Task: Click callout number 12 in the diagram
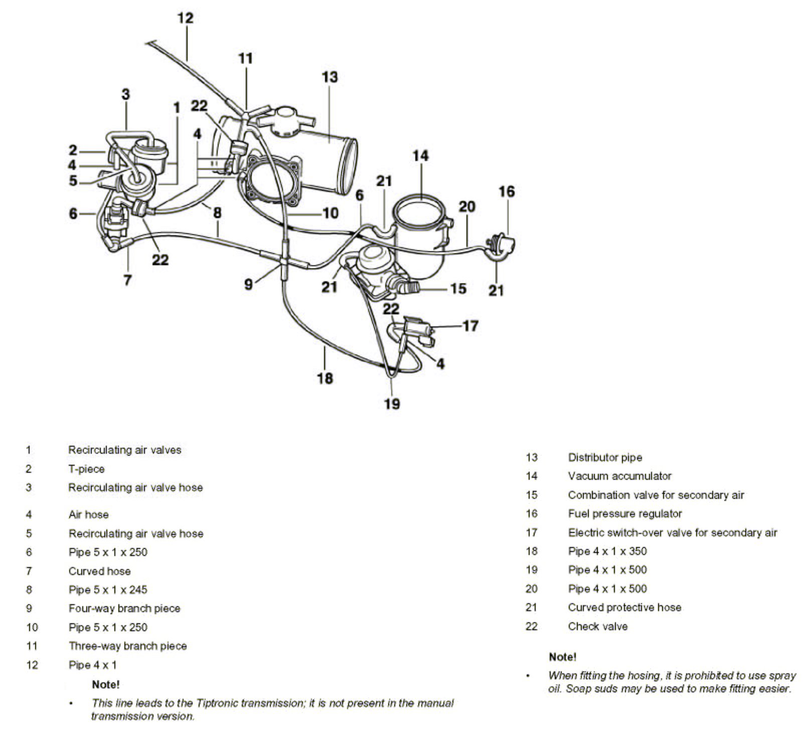point(185,18)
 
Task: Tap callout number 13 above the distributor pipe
point(330,77)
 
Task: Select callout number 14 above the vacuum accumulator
point(420,156)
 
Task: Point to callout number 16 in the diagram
point(507,192)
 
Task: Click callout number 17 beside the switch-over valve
point(470,326)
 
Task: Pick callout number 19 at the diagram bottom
point(392,404)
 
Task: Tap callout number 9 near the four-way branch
point(248,284)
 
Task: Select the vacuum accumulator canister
point(421,236)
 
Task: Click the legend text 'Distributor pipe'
point(604,457)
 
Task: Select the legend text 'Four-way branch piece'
point(124,608)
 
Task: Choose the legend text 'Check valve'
point(597,626)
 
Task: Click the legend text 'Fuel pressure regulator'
point(624,513)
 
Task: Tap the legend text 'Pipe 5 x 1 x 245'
point(108,590)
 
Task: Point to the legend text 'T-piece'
point(86,469)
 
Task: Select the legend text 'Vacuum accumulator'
point(619,476)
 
